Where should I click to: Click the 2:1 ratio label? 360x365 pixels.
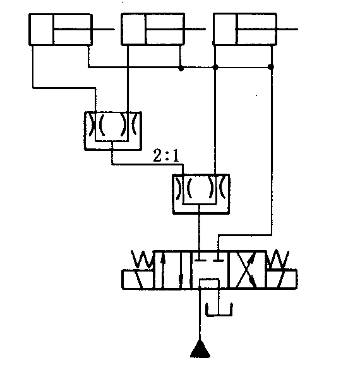click(x=166, y=155)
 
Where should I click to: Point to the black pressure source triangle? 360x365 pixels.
click(x=200, y=349)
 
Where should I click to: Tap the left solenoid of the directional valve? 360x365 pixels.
click(x=138, y=279)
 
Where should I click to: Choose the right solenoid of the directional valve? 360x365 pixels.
click(x=282, y=279)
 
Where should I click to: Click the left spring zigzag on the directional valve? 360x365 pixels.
click(x=142, y=259)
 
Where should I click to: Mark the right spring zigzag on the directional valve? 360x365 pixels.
click(x=278, y=259)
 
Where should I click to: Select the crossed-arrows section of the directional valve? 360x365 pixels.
click(x=248, y=270)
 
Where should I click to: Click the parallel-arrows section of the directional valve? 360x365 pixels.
click(x=172, y=270)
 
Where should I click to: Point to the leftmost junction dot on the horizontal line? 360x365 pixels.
click(x=181, y=68)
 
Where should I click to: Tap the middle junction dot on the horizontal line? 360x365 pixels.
click(x=215, y=68)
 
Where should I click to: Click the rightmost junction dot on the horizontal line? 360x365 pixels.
click(x=270, y=67)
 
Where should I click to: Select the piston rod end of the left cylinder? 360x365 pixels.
click(x=114, y=29)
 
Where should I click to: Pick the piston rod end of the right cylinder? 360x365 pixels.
click(x=297, y=29)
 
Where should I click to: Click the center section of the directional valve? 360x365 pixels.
click(x=210, y=270)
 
